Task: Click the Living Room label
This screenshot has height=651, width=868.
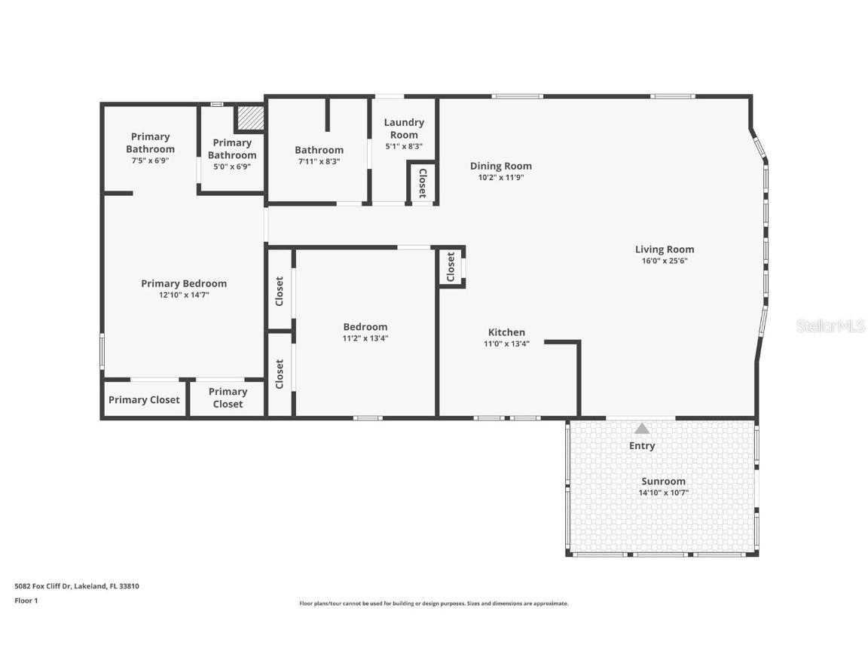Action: tap(664, 249)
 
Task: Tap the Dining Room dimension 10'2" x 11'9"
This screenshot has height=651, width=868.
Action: tap(500, 178)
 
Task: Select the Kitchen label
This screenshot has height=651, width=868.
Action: tap(506, 332)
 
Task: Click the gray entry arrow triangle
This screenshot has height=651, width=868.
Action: tap(641, 428)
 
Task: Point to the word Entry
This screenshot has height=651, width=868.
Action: tap(642, 445)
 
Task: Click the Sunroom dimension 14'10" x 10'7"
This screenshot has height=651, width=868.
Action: tap(664, 493)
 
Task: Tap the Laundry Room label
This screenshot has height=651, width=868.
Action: tap(404, 128)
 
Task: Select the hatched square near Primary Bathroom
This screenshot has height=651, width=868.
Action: tap(249, 118)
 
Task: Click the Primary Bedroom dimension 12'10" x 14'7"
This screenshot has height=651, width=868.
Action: tap(184, 295)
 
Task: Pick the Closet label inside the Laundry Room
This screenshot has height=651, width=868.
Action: tap(423, 182)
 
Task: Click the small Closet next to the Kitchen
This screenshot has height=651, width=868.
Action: tap(451, 267)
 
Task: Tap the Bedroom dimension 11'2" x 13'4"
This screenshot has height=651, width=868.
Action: tap(365, 338)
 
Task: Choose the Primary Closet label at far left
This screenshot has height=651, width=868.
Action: tap(144, 400)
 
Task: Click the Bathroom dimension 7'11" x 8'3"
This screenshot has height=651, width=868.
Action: tap(319, 161)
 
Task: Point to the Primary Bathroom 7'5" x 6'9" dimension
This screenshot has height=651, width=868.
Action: tap(151, 160)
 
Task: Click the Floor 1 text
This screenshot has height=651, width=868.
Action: tap(26, 601)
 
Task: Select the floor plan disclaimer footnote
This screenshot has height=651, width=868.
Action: tap(433, 604)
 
